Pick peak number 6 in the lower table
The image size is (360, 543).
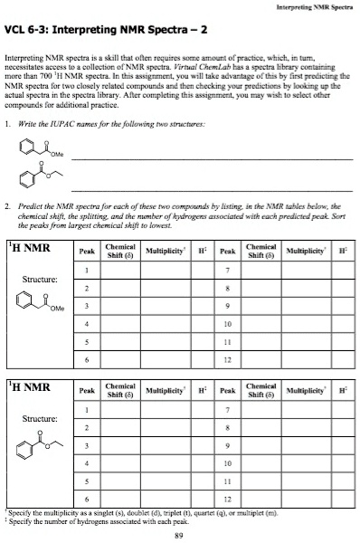click(x=86, y=500)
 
